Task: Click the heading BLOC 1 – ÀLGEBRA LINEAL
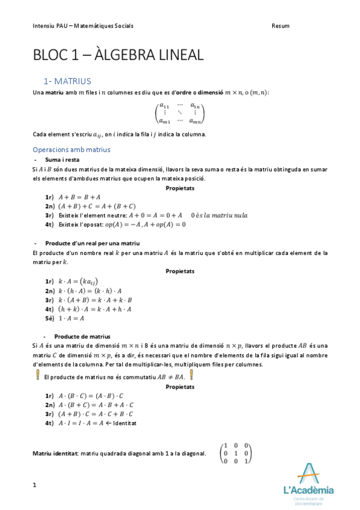[x=118, y=55]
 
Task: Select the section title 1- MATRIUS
[x=67, y=81]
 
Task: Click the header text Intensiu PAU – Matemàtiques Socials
[x=83, y=26]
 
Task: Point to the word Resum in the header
[x=280, y=26]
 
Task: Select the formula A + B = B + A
[x=79, y=197]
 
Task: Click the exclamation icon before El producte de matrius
[x=37, y=375]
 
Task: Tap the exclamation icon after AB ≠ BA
[x=191, y=375]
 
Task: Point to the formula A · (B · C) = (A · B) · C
[x=91, y=396]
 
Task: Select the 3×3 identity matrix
[x=236, y=452]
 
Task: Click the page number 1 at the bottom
[x=35, y=485]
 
